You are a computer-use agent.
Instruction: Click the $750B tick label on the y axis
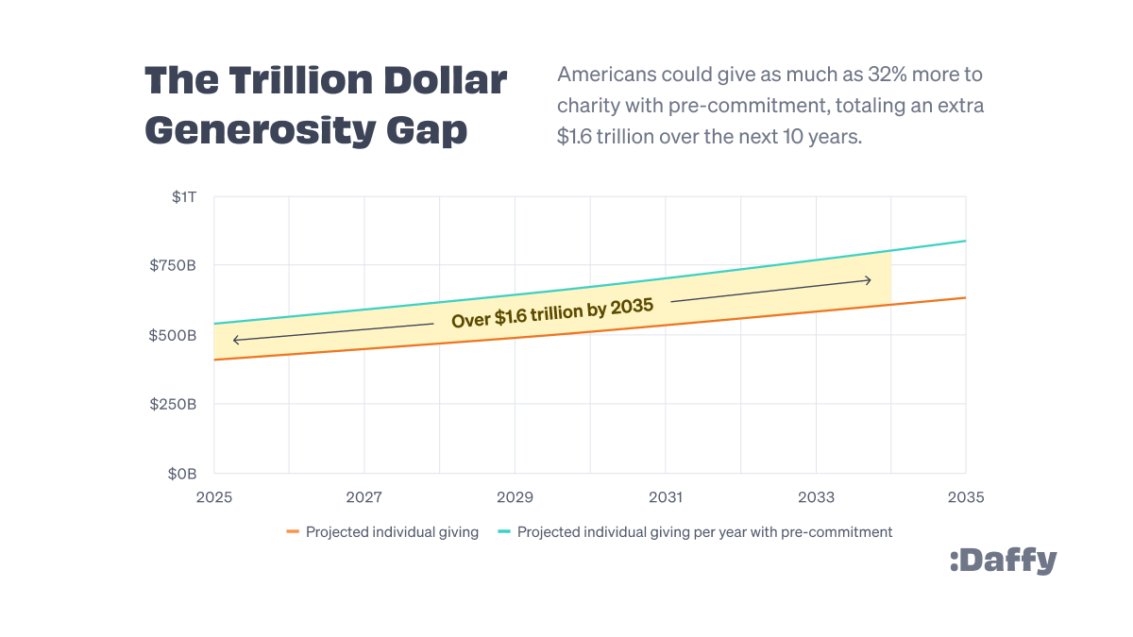pos(173,265)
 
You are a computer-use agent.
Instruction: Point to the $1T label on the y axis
pos(184,197)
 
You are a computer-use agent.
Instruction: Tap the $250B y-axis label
pos(173,404)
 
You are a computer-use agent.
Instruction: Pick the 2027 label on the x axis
pos(364,497)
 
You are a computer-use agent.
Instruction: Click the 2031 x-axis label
pos(666,497)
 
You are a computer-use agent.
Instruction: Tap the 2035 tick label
pos(966,497)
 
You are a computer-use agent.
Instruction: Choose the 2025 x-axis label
pos(214,497)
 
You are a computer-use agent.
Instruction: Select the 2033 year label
pos(816,497)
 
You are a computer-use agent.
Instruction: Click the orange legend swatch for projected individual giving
pos(293,532)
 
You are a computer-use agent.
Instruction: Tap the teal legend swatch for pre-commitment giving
pos(504,532)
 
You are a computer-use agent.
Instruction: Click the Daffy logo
pos(1003,561)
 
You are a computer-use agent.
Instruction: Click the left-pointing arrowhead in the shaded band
pos(235,340)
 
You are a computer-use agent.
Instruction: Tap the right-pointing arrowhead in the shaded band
pos(868,279)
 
